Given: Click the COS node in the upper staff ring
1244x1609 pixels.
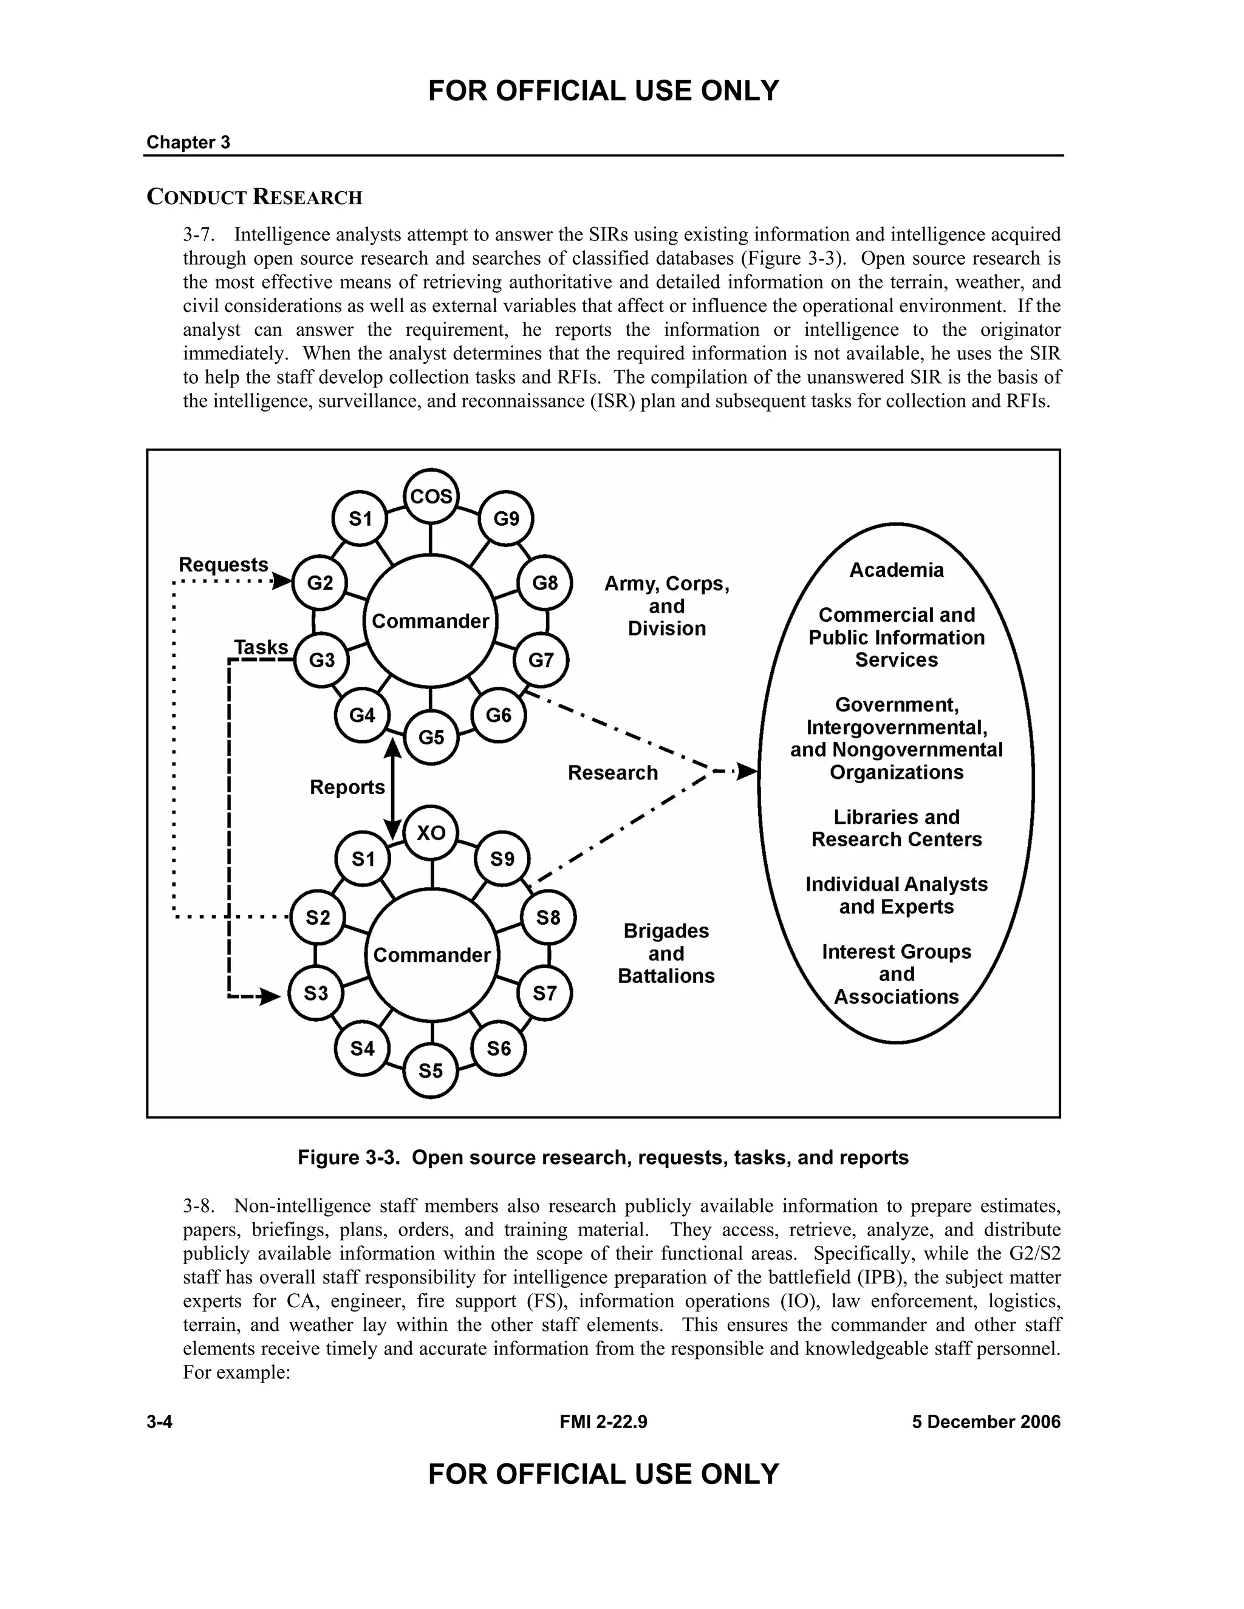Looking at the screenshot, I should (431, 497).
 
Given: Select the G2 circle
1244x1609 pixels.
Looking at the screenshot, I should (320, 583).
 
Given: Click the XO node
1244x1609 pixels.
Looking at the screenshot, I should (431, 832).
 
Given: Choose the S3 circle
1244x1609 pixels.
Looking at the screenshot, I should (316, 993).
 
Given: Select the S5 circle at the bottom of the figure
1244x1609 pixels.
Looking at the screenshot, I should (431, 1070).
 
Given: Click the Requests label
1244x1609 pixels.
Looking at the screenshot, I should (224, 564).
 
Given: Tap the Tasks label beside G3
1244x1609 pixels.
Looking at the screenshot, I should (261, 647).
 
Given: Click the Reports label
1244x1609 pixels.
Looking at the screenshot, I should (347, 787).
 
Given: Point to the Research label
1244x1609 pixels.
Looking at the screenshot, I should (612, 772).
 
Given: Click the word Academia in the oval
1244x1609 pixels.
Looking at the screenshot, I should (896, 570).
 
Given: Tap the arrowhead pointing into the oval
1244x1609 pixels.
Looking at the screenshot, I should (747, 771).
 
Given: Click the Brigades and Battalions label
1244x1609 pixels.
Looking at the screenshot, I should (666, 953).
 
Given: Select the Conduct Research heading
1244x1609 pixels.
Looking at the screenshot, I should (255, 197).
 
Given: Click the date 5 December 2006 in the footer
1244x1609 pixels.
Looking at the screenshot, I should (985, 1422).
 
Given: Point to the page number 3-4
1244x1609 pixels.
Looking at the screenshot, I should (159, 1422).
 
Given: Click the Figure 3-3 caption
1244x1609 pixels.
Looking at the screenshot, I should (603, 1157).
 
